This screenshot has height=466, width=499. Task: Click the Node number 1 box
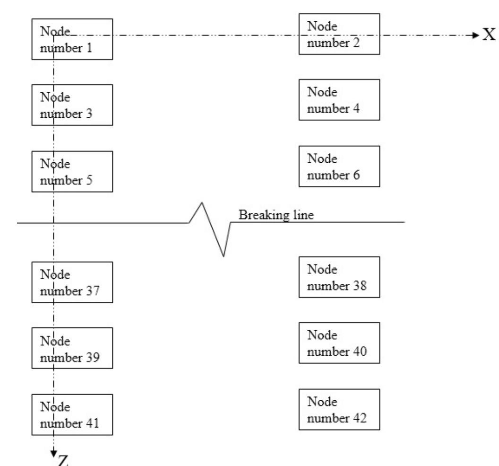pos(72,39)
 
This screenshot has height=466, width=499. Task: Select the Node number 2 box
pos(339,34)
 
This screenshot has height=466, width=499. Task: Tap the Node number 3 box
pos(72,105)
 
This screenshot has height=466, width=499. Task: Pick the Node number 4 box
pos(339,100)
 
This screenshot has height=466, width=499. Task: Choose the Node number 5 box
pos(72,171)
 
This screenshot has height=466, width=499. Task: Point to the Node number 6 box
pos(339,166)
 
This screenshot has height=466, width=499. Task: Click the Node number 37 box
pos(72,282)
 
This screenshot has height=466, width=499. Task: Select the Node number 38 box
pos(339,277)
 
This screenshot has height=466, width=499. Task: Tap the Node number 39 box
pos(72,348)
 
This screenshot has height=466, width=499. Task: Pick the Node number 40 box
pos(339,343)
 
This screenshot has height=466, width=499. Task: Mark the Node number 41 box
pos(72,414)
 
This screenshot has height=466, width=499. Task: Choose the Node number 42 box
pos(339,410)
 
